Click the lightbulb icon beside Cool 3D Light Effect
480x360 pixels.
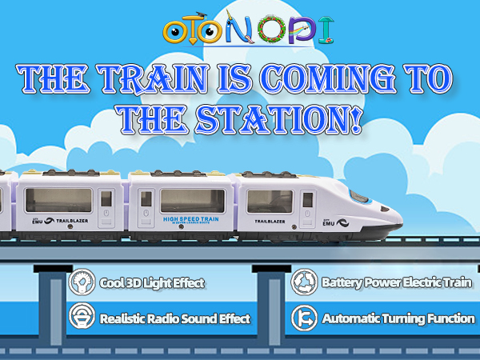click(x=80, y=282)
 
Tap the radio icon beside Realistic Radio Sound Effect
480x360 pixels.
click(x=80, y=318)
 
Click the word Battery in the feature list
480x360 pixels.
click(x=342, y=283)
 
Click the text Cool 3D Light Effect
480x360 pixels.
click(x=152, y=283)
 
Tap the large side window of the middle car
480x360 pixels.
click(x=192, y=200)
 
